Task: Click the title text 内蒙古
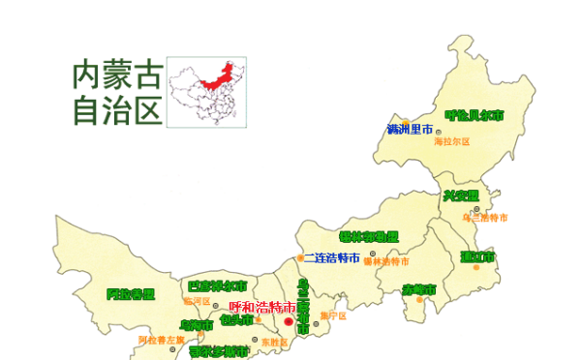(114, 75)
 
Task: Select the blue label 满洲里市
(410, 130)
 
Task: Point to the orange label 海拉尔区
(451, 142)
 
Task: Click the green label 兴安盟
(461, 195)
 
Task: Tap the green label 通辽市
(477, 257)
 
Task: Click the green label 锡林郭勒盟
(369, 237)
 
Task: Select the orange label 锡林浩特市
(385, 262)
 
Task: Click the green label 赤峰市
(418, 290)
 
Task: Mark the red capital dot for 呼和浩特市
(289, 321)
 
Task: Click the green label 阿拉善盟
(130, 294)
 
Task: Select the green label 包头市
(237, 319)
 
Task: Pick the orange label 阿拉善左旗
(161, 341)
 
